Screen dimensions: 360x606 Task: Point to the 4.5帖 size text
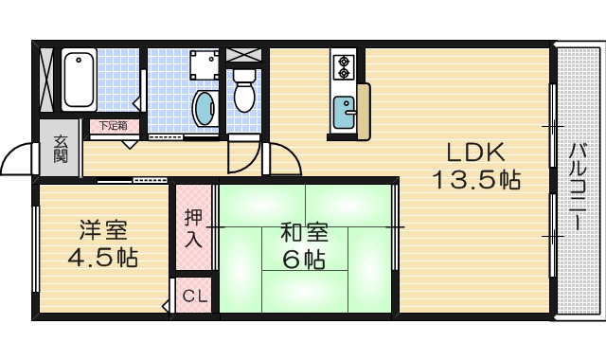(x=103, y=258)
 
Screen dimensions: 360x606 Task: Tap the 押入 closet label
(x=193, y=227)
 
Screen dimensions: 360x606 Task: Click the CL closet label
(x=194, y=296)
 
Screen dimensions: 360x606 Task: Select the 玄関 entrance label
(x=60, y=150)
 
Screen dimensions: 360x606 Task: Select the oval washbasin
(x=203, y=107)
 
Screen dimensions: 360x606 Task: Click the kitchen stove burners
(x=342, y=67)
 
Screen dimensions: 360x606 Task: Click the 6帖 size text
(x=304, y=259)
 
